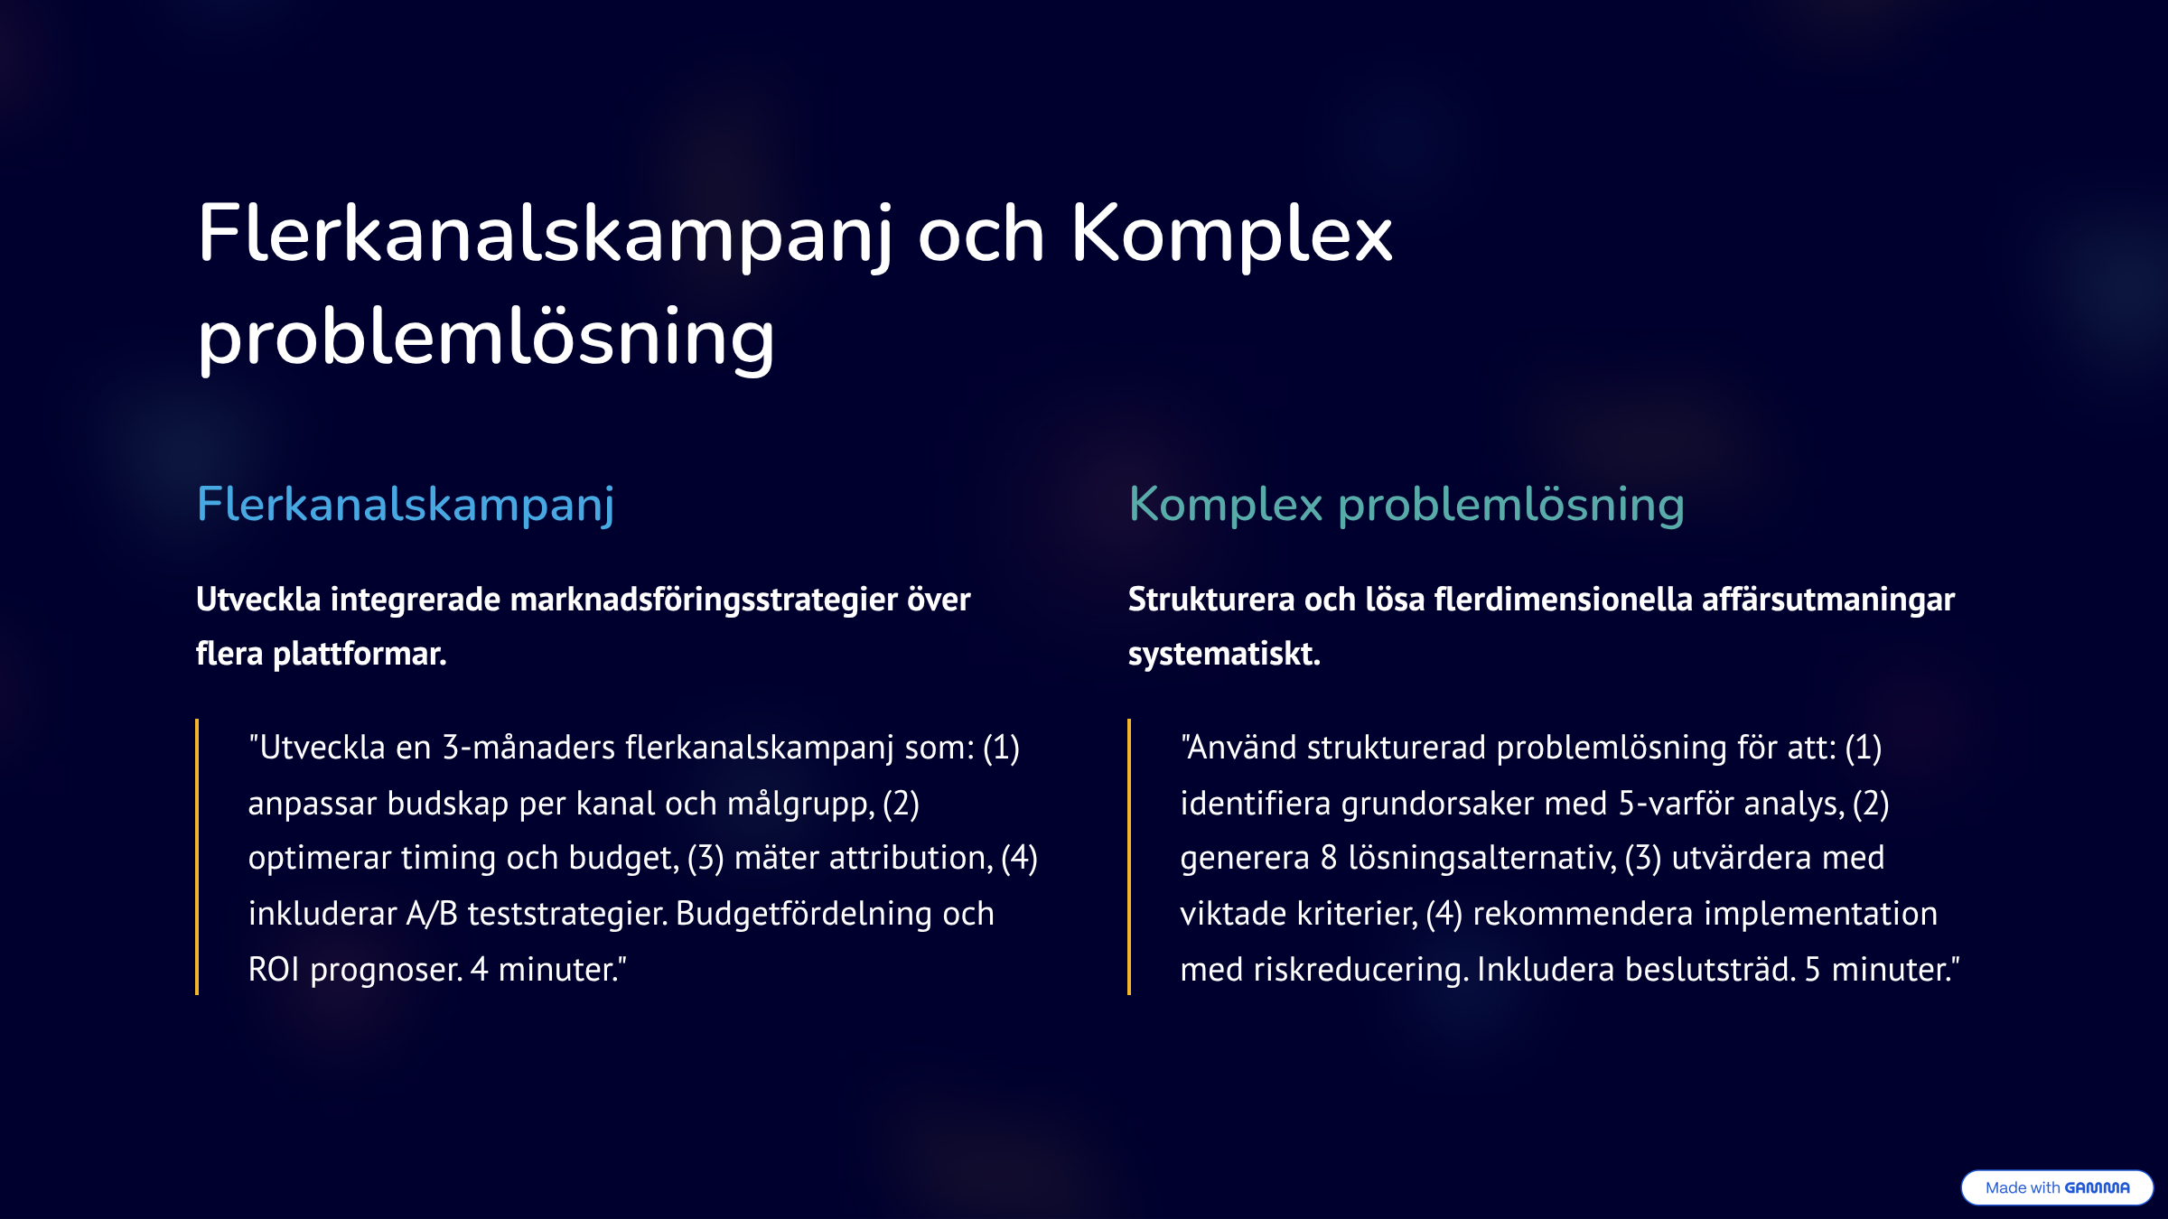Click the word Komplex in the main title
1231,235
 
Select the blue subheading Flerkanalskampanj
406,505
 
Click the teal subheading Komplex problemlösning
1406,505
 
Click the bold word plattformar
360,654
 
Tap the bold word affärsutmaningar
1828,600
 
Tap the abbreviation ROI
274,970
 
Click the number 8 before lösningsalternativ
1329,858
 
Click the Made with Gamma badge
2057,1187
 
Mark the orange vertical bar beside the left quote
197,857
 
